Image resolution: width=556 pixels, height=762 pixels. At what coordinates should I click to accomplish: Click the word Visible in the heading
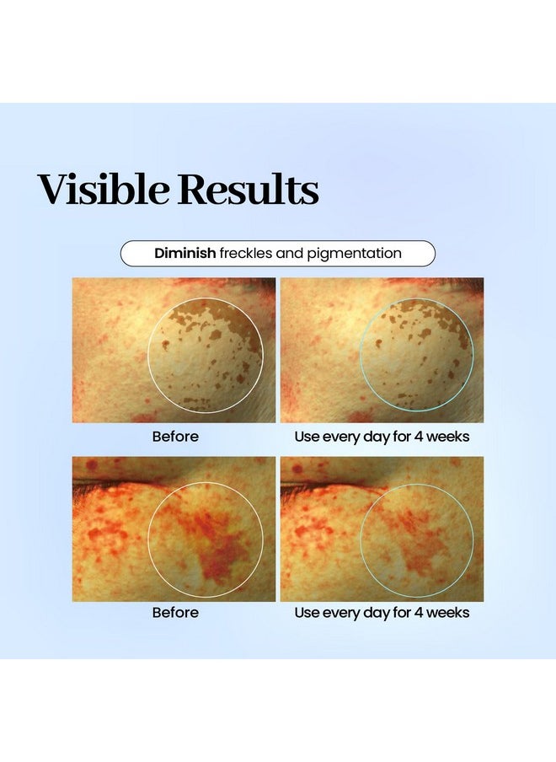pyautogui.click(x=104, y=189)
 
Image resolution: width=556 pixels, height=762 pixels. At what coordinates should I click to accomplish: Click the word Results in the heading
pyautogui.click(x=249, y=189)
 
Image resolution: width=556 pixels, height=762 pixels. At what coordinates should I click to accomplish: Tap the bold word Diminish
pyautogui.click(x=185, y=253)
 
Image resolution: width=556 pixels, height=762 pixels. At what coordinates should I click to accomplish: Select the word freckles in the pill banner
pyautogui.click(x=246, y=253)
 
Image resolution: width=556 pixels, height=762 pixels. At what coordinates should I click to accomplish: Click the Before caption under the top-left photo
pyautogui.click(x=175, y=437)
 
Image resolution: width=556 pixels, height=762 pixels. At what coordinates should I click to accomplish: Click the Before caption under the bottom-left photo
pyautogui.click(x=175, y=612)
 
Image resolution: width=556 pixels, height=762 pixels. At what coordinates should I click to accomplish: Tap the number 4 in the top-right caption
pyautogui.click(x=418, y=437)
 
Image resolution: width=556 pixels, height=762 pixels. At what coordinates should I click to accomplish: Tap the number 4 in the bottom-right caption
pyautogui.click(x=418, y=612)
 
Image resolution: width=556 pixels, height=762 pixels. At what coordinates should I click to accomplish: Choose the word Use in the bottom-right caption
pyautogui.click(x=307, y=612)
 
